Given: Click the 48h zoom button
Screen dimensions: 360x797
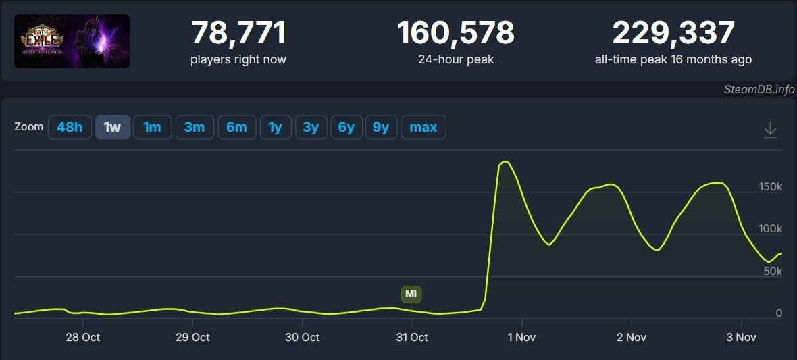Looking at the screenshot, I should (x=70, y=127).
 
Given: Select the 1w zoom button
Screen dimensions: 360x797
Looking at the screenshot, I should (x=112, y=127).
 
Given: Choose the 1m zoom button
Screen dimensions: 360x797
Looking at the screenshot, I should (x=152, y=127).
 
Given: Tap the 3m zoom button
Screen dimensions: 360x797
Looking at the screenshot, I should (x=195, y=127).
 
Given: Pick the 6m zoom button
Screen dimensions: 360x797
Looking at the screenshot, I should (x=236, y=127).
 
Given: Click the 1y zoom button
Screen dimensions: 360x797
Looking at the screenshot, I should (x=275, y=127).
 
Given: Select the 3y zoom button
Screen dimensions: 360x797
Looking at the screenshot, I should (x=311, y=127).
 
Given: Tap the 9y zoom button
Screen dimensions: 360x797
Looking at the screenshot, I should (x=381, y=127).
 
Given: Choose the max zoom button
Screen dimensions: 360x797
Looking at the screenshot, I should (x=423, y=127).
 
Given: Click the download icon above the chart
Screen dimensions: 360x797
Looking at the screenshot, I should (x=771, y=130).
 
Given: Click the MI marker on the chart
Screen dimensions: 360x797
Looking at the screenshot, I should (x=411, y=294).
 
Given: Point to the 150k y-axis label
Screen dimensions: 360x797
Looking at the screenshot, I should (x=769, y=186).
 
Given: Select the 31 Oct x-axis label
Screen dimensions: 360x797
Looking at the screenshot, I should (x=411, y=337).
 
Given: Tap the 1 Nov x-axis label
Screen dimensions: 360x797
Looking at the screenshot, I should (x=521, y=337).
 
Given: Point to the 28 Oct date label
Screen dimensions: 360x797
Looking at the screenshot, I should (x=82, y=337).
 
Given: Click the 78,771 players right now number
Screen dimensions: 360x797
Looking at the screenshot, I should (x=238, y=33).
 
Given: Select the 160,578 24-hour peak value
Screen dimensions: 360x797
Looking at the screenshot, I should (x=456, y=33).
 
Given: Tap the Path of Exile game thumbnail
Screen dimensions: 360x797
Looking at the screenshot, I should (x=72, y=41).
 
